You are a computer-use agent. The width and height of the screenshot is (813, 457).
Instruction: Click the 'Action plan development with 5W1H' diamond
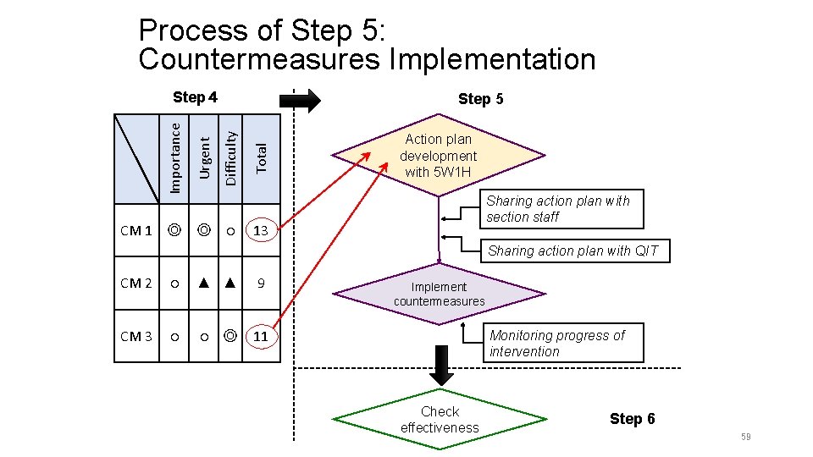point(438,155)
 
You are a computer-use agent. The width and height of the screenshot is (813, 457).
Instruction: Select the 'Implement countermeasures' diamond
point(439,294)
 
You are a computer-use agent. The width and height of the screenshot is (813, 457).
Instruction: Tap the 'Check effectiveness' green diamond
point(440,419)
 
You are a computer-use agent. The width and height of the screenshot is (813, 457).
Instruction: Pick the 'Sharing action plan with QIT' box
point(572,251)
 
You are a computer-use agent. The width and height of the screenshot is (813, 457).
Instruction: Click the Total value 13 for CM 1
point(261,229)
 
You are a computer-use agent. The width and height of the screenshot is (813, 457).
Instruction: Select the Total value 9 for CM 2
point(261,284)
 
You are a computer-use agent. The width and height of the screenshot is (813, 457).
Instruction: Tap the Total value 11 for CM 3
point(261,337)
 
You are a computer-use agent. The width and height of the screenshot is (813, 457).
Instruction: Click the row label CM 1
point(135,229)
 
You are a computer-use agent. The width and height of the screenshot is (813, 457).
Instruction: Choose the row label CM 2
point(135,284)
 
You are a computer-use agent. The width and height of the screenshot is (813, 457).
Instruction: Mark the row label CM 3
point(135,337)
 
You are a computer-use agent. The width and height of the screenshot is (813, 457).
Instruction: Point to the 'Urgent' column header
point(204,157)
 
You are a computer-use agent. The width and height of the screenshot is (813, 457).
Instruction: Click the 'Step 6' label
point(632,419)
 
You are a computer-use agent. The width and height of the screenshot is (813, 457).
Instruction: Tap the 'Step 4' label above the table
point(195,97)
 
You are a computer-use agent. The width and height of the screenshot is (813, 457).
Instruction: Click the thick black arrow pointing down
point(441,364)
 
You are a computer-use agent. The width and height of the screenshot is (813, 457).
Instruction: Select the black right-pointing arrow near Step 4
point(300,101)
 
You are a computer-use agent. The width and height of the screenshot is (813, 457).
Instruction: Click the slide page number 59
point(745,437)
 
